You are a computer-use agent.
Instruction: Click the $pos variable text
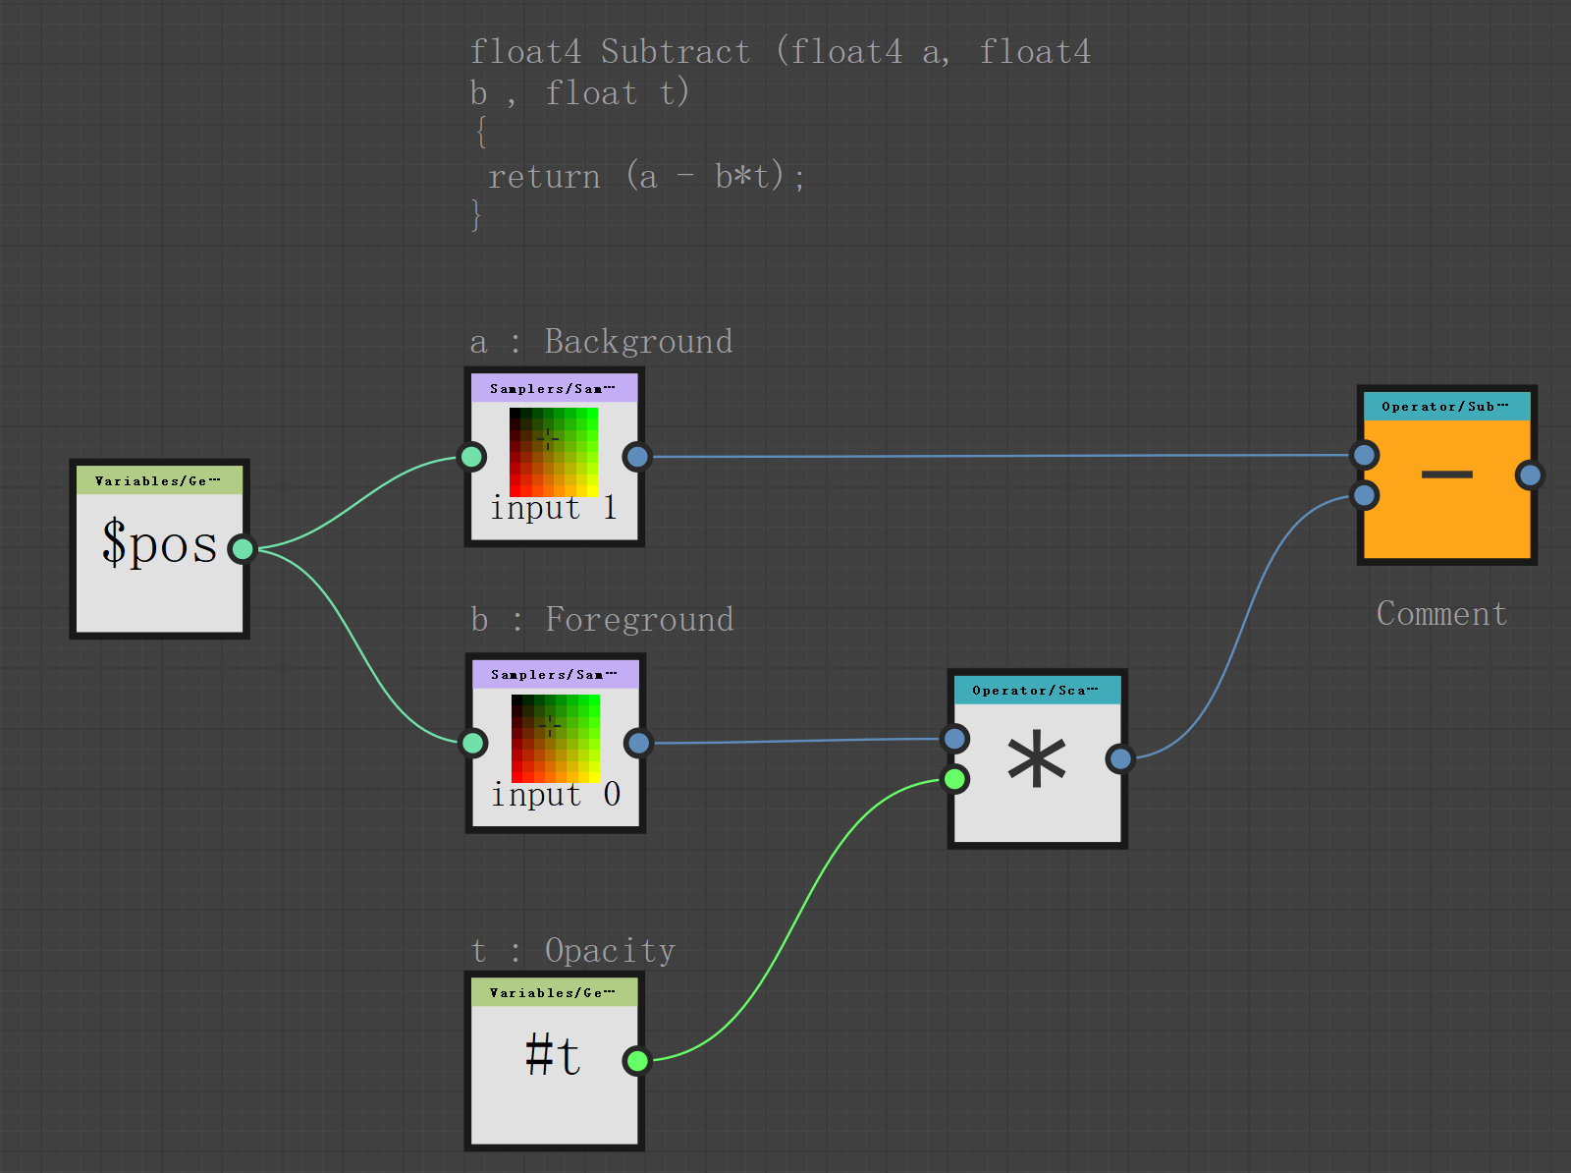(x=159, y=543)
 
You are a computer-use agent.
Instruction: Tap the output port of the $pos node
(x=242, y=548)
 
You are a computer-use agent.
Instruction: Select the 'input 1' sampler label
(x=554, y=508)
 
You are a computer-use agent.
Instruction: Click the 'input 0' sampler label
(x=556, y=794)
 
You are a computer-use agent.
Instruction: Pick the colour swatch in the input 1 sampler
(x=554, y=452)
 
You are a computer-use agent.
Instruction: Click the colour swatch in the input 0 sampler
(x=556, y=738)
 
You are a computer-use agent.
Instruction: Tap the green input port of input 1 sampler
(x=472, y=456)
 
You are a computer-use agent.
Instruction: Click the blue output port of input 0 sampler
(x=638, y=743)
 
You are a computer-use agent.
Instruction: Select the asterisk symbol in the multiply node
(x=1037, y=761)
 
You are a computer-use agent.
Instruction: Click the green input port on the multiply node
(x=954, y=780)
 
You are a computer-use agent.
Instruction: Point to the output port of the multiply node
(x=1120, y=757)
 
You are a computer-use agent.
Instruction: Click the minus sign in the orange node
(x=1446, y=475)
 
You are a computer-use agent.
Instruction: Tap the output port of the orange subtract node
(x=1529, y=475)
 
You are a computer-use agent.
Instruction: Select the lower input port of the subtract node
(x=1365, y=495)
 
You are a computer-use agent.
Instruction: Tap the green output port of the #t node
(x=637, y=1060)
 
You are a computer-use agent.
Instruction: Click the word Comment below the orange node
(x=1441, y=614)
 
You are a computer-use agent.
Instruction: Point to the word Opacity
(x=610, y=951)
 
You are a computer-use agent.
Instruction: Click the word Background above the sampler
(x=638, y=342)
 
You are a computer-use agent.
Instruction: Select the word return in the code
(x=544, y=177)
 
